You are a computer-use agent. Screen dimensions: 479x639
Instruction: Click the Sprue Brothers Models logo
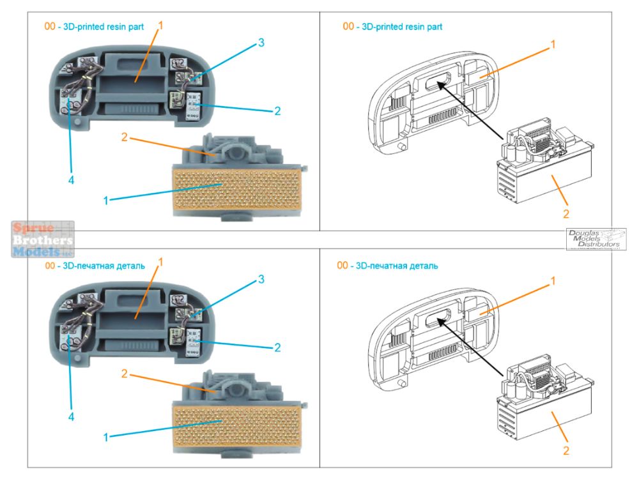point(43,240)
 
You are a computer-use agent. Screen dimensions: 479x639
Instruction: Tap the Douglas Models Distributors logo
point(596,239)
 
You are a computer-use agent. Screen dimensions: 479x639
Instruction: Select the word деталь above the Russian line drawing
point(421,265)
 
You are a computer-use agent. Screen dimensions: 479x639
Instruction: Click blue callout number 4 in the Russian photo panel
point(71,416)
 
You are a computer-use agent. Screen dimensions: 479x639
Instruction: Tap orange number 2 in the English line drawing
point(565,214)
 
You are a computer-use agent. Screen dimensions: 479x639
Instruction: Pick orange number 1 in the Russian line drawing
point(553,281)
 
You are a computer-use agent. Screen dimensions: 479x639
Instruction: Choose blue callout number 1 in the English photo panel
point(105,201)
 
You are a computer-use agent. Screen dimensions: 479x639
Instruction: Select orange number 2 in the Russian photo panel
point(125,374)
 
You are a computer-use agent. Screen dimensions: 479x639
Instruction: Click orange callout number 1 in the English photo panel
point(160,26)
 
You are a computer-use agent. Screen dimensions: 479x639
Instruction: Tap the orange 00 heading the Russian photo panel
point(49,265)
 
